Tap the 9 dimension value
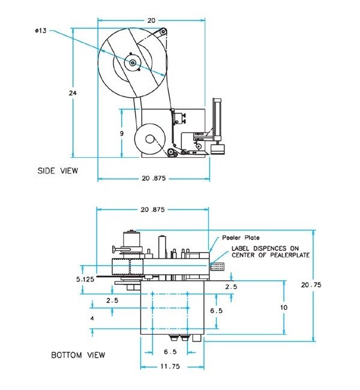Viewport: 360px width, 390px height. pos(122,133)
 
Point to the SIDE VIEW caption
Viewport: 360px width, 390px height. pos(58,170)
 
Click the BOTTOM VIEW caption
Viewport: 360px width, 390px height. pos(78,355)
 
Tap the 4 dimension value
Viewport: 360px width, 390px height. pos(92,319)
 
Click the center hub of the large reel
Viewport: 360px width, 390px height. pos(131,61)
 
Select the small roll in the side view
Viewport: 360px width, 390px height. pos(149,140)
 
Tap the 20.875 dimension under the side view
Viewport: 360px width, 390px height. pos(153,178)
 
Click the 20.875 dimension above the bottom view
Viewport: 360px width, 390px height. pos(153,210)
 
